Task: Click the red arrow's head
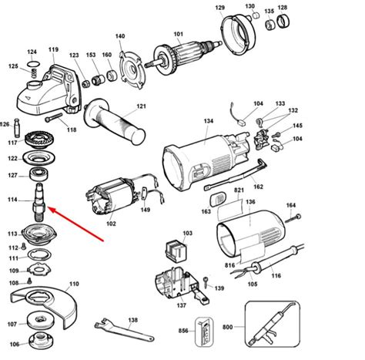(x=48, y=208)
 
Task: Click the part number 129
(x=219, y=8)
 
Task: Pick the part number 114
(x=12, y=200)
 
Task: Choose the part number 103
(x=187, y=233)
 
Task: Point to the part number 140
(x=119, y=36)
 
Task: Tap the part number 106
(x=12, y=344)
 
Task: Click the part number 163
(x=206, y=211)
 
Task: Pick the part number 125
(x=12, y=66)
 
